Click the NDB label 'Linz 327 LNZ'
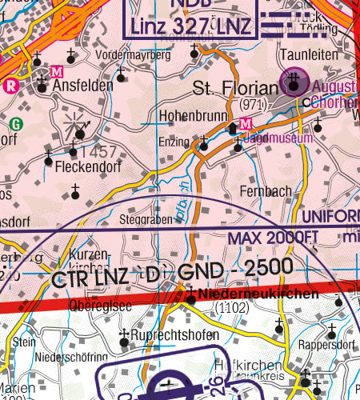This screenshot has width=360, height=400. point(192,26)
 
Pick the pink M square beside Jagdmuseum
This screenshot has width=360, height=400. point(246,123)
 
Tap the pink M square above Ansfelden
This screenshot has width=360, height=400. point(56,71)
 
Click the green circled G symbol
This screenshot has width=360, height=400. point(15,124)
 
